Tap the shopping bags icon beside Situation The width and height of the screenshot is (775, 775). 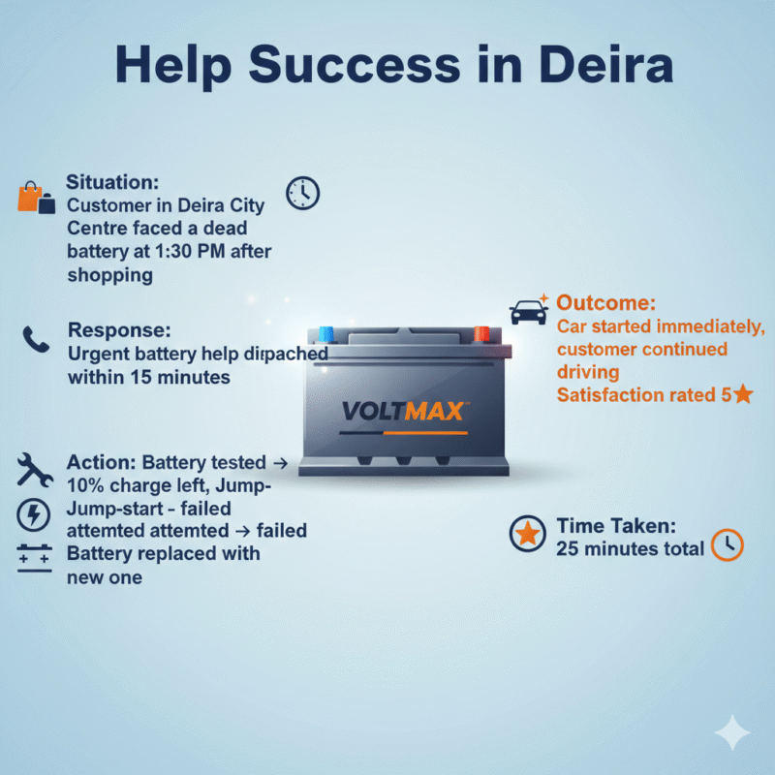tap(35, 197)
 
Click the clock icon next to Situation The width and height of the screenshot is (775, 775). tap(302, 192)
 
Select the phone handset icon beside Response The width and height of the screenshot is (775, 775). tap(36, 340)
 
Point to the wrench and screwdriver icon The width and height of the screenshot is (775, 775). tap(35, 471)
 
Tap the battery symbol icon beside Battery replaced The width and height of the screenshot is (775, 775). tap(35, 558)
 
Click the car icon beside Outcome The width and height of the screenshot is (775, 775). tap(528, 312)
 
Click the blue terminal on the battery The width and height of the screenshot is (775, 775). tap(325, 334)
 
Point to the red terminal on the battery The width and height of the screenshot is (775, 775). tap(481, 334)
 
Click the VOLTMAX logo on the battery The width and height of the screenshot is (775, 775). tap(402, 411)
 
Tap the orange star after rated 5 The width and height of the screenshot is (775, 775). tap(743, 394)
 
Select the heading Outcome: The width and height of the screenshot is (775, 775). tap(606, 303)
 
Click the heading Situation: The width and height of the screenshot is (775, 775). tap(111, 182)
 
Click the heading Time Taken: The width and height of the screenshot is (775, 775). tap(615, 527)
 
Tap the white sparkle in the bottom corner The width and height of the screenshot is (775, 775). tap(731, 733)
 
